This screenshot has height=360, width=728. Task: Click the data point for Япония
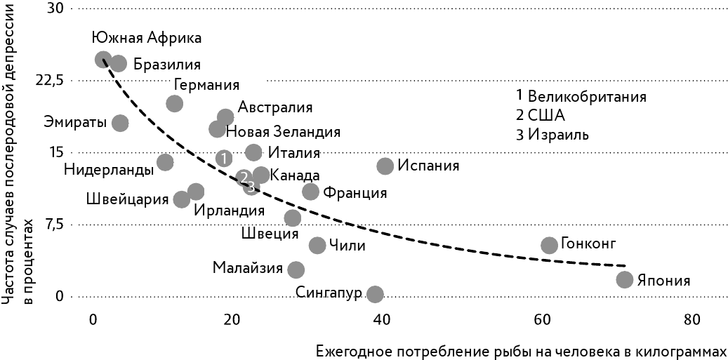coord(624,279)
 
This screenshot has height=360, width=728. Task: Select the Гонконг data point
coord(549,245)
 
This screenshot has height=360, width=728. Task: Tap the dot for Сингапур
coord(376,294)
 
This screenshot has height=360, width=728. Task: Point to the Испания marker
coord(385,166)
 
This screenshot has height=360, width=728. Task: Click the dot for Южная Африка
coord(103,60)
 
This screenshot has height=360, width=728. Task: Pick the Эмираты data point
coord(120,123)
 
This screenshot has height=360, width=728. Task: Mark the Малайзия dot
coord(296,269)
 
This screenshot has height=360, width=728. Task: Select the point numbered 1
coord(223,159)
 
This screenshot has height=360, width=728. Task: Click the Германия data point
coord(174,104)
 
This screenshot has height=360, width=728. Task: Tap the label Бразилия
coord(166,65)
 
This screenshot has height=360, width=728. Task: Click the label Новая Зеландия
coord(284,132)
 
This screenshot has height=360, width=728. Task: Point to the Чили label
coord(348,246)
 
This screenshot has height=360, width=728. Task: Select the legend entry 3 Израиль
coord(552,135)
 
